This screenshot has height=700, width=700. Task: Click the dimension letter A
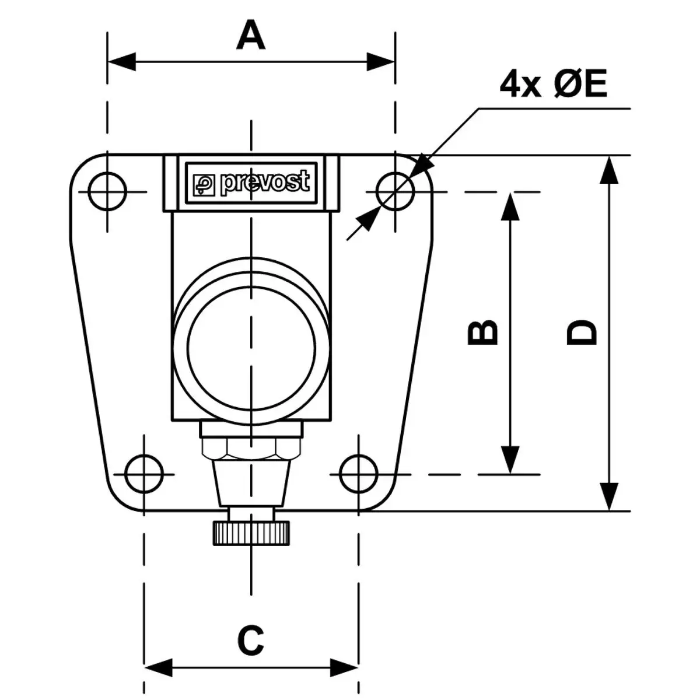(251, 36)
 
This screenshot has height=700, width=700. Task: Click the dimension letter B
(484, 332)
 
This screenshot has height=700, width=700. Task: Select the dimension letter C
(251, 640)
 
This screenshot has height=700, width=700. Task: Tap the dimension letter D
(582, 332)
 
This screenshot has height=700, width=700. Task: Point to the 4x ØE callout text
(553, 86)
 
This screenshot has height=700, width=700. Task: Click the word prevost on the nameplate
(264, 183)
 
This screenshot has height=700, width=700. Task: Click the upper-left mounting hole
(107, 191)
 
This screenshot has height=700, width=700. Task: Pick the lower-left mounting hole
(144, 473)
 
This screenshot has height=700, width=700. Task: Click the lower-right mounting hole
(358, 473)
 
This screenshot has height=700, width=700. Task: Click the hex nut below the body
(251, 449)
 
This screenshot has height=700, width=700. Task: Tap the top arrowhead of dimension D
(609, 170)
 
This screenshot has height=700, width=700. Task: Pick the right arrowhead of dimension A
(381, 61)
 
